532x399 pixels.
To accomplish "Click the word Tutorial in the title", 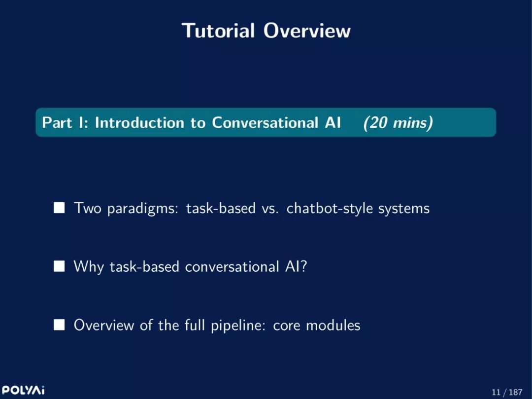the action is (x=218, y=31).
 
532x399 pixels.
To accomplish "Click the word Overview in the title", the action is (x=307, y=31).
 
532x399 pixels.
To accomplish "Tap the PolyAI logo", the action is (x=23, y=390).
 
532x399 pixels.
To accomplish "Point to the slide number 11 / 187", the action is (x=507, y=392).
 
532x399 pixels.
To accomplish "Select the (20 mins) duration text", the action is (x=398, y=123).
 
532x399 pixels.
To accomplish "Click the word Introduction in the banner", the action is (x=139, y=123).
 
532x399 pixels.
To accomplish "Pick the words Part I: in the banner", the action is (x=65, y=123).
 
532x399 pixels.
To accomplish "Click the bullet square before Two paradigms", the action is (x=60, y=208).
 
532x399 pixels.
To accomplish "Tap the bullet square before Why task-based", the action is (x=60, y=266).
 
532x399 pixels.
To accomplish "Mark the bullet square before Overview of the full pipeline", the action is (x=60, y=325).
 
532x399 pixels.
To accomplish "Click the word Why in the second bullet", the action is (x=89, y=267).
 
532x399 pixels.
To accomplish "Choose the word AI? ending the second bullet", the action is (x=296, y=266).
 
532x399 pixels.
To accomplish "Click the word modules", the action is (x=333, y=325).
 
